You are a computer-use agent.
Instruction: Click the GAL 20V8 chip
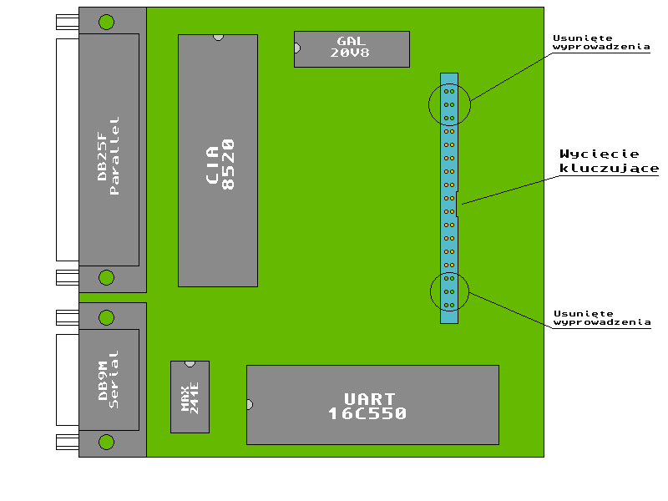coord(352,49)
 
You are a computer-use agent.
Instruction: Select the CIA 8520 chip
coord(218,160)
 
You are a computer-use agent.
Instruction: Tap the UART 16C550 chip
coord(372,405)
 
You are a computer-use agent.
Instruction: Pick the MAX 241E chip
coord(190,397)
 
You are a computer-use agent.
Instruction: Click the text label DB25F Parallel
coord(109,156)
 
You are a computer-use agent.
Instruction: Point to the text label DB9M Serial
coord(109,380)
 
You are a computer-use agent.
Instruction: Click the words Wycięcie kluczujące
coord(609,161)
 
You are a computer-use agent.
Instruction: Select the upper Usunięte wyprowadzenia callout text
coord(601,43)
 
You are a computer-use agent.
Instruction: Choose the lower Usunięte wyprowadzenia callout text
coord(602,318)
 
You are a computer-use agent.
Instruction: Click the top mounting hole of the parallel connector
coord(107,23)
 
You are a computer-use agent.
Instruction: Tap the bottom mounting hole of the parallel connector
coord(107,278)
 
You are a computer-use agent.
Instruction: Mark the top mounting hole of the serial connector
coord(107,318)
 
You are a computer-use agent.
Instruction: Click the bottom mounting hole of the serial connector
coord(107,443)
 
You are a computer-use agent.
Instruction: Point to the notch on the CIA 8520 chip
coord(218,38)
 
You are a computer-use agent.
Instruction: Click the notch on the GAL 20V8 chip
coord(297,48)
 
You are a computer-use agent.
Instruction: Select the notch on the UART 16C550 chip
coord(250,405)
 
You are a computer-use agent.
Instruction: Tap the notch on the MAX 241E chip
coord(190,364)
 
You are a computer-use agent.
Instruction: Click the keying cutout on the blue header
coord(457,204)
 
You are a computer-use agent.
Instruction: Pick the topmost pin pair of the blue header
coord(449,91)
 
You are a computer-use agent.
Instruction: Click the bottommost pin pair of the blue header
coord(449,306)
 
